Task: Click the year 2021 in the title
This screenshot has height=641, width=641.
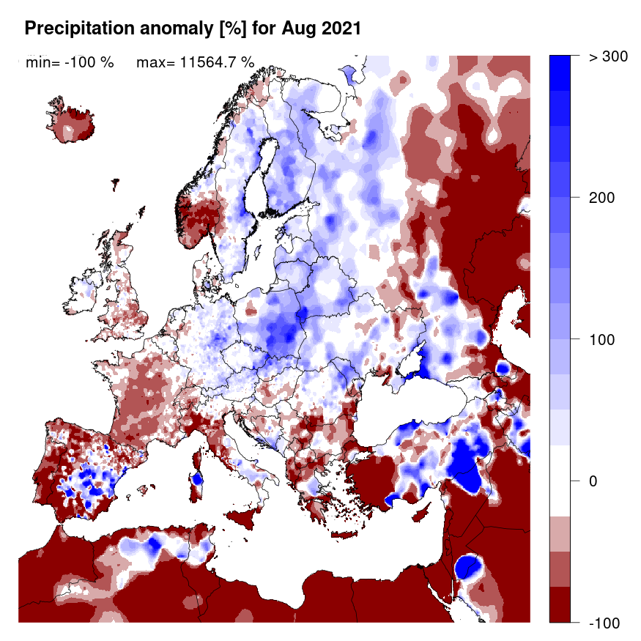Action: click(x=339, y=29)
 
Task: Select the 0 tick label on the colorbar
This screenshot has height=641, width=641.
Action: click(x=594, y=481)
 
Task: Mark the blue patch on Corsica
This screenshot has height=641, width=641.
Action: click(x=196, y=480)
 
